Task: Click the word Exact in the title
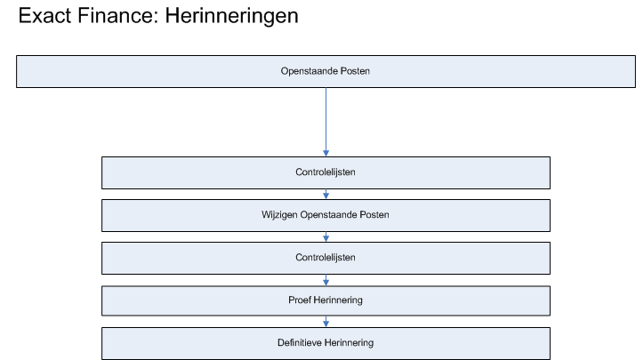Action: (x=44, y=16)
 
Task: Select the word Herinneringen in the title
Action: (x=231, y=17)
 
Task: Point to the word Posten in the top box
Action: (x=355, y=71)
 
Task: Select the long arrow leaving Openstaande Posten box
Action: (x=326, y=122)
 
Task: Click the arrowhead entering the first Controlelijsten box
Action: (x=326, y=153)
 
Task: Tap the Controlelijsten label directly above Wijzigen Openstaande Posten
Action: (x=326, y=172)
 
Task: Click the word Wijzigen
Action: (x=279, y=215)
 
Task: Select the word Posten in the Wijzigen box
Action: (x=374, y=214)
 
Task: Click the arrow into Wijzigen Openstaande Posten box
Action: (x=326, y=194)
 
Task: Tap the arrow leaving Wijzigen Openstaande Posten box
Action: (x=326, y=236)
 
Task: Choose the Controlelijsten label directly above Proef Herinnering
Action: (x=326, y=258)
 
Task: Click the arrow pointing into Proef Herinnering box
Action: (x=326, y=280)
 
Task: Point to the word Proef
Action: (x=300, y=300)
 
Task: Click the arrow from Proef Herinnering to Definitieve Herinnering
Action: (x=326, y=322)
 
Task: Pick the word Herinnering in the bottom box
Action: (x=349, y=343)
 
